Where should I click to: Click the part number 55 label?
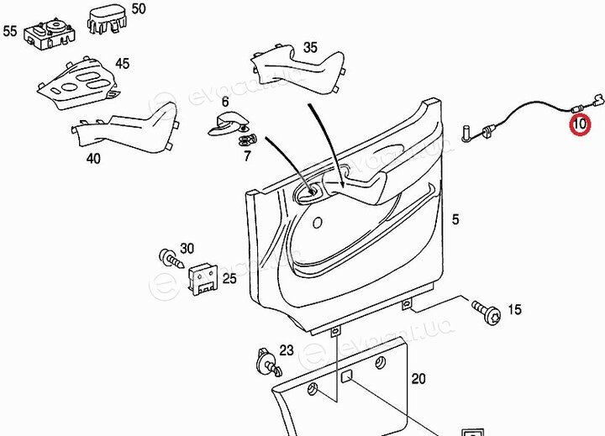[x=10, y=31]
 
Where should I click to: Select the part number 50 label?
[x=139, y=9]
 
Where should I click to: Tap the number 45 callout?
[x=123, y=64]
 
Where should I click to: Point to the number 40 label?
[x=94, y=158]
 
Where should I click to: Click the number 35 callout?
[x=311, y=47]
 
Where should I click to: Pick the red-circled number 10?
[x=580, y=124]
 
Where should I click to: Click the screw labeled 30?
[x=172, y=259]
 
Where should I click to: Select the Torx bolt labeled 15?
[x=487, y=312]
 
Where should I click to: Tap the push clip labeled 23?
[x=269, y=361]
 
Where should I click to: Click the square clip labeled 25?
[x=203, y=280]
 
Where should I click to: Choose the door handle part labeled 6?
[x=228, y=124]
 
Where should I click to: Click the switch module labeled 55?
[x=50, y=34]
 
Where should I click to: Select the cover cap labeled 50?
[x=108, y=19]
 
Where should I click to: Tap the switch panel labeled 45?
[x=78, y=83]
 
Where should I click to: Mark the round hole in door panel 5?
[x=317, y=223]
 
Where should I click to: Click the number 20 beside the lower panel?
[x=418, y=379]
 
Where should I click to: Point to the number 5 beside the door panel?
[x=455, y=219]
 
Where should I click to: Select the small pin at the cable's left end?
[x=466, y=133]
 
